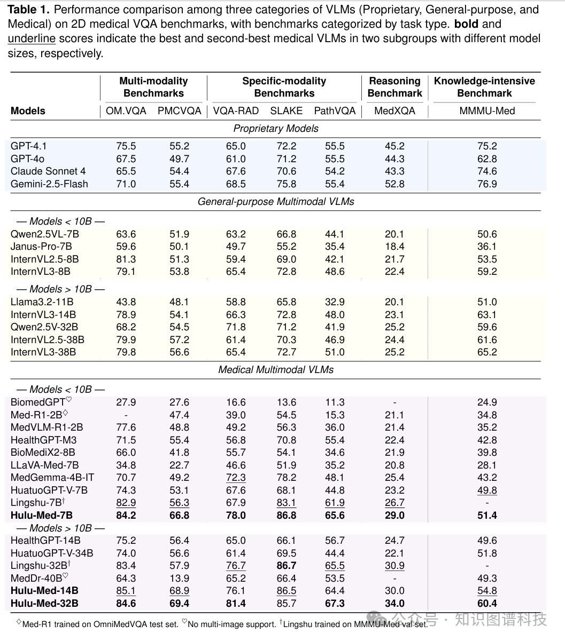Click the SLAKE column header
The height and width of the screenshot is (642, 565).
click(x=286, y=111)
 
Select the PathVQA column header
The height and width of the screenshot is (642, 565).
click(x=335, y=111)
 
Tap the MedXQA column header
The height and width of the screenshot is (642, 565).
click(x=394, y=111)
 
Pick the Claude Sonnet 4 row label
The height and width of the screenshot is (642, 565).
click(x=48, y=171)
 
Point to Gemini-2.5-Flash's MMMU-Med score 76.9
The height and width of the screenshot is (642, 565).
click(x=487, y=184)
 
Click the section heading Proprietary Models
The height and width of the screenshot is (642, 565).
click(x=276, y=129)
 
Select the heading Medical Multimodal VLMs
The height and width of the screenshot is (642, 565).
click(x=276, y=370)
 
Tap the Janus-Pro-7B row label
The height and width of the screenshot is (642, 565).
click(x=41, y=247)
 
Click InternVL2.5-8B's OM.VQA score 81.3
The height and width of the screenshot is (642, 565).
click(x=126, y=259)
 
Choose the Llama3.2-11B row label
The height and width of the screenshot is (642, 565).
click(x=42, y=302)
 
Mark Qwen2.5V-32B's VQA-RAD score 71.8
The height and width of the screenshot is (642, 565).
click(x=236, y=327)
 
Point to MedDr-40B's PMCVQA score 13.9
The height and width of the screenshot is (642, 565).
click(x=179, y=578)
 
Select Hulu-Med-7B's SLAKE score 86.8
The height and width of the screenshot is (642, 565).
click(x=286, y=516)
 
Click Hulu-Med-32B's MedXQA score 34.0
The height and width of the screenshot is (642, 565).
click(x=394, y=604)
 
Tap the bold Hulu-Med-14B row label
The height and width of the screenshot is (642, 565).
click(x=44, y=591)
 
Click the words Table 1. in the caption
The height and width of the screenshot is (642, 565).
click(x=29, y=10)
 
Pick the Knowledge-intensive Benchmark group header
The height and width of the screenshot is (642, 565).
click(x=484, y=87)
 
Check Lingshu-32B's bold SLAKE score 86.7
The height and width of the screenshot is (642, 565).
click(x=286, y=566)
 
